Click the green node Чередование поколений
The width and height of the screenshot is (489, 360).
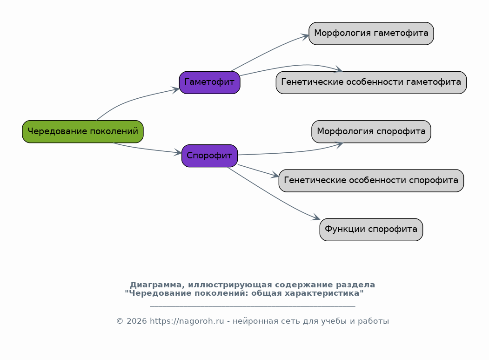coord(83,131)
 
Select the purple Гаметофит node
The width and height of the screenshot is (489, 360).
coord(209,82)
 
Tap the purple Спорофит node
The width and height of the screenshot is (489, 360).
coord(209,156)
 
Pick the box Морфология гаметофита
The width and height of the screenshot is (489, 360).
coord(371,34)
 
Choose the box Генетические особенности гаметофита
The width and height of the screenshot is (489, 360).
coord(371,82)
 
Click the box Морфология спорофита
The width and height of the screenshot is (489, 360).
coord(371,131)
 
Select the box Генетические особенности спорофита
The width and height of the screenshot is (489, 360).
coord(371,181)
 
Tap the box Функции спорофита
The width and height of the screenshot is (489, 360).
coord(371,230)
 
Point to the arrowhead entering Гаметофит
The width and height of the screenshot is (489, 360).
coord(175,90)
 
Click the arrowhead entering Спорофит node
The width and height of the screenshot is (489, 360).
coord(178,152)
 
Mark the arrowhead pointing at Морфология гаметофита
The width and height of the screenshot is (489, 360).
coord(305,37)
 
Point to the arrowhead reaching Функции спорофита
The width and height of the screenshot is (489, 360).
coord(316,217)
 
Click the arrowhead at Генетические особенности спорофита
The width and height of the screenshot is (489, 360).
coord(275,175)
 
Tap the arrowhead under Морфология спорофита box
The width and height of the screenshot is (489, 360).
coord(339,144)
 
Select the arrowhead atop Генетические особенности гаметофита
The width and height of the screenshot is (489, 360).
coord(338,69)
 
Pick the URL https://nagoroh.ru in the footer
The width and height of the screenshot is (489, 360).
coord(187,321)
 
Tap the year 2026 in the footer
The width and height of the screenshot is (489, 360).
coord(137,321)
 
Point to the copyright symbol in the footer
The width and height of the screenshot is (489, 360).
coord(120,321)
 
